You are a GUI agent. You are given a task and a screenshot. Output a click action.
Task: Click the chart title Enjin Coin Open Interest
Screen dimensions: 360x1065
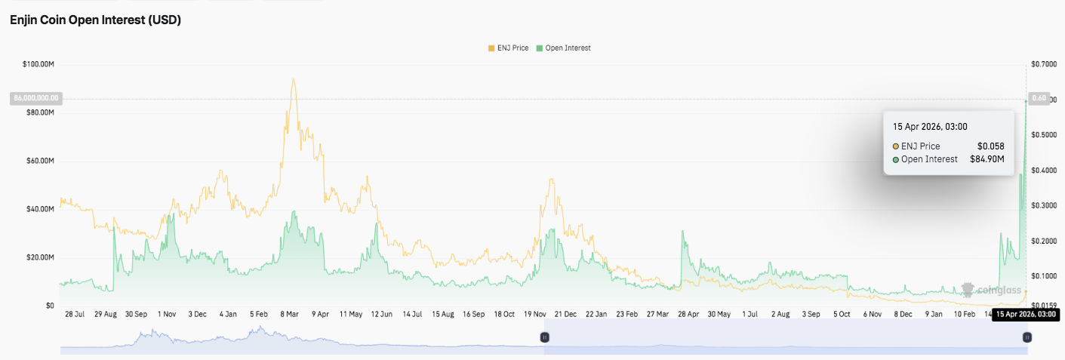(95, 20)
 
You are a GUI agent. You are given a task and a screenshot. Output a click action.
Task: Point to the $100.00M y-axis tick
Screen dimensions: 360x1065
(38, 65)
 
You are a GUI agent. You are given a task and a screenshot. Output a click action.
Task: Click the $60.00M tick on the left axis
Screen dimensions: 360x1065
(40, 161)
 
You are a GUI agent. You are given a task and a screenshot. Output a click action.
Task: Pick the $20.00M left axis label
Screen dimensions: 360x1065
(40, 257)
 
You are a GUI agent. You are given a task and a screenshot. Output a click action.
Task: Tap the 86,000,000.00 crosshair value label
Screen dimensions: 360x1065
(35, 98)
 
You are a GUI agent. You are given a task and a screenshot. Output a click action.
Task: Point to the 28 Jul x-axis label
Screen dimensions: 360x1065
(75, 314)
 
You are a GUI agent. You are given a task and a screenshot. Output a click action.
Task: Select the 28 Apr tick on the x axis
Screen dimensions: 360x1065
(688, 314)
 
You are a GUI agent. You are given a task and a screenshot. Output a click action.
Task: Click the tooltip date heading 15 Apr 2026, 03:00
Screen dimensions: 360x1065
(930, 127)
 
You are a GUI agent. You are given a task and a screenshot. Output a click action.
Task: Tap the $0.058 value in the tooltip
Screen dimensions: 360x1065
(990, 146)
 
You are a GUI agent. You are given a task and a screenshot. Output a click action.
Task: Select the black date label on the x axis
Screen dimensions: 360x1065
(1024, 314)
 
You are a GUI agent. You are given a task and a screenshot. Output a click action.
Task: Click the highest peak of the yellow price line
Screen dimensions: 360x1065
(293, 78)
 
